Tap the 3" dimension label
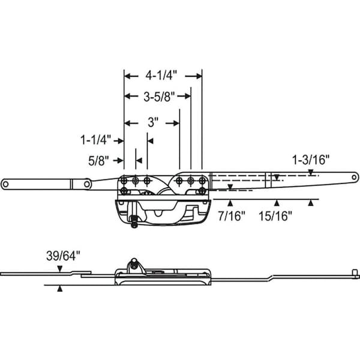[x=152, y=122]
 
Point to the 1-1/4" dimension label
[x=97, y=140]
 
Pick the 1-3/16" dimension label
[x=311, y=160]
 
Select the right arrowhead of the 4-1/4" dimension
[x=198, y=76]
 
